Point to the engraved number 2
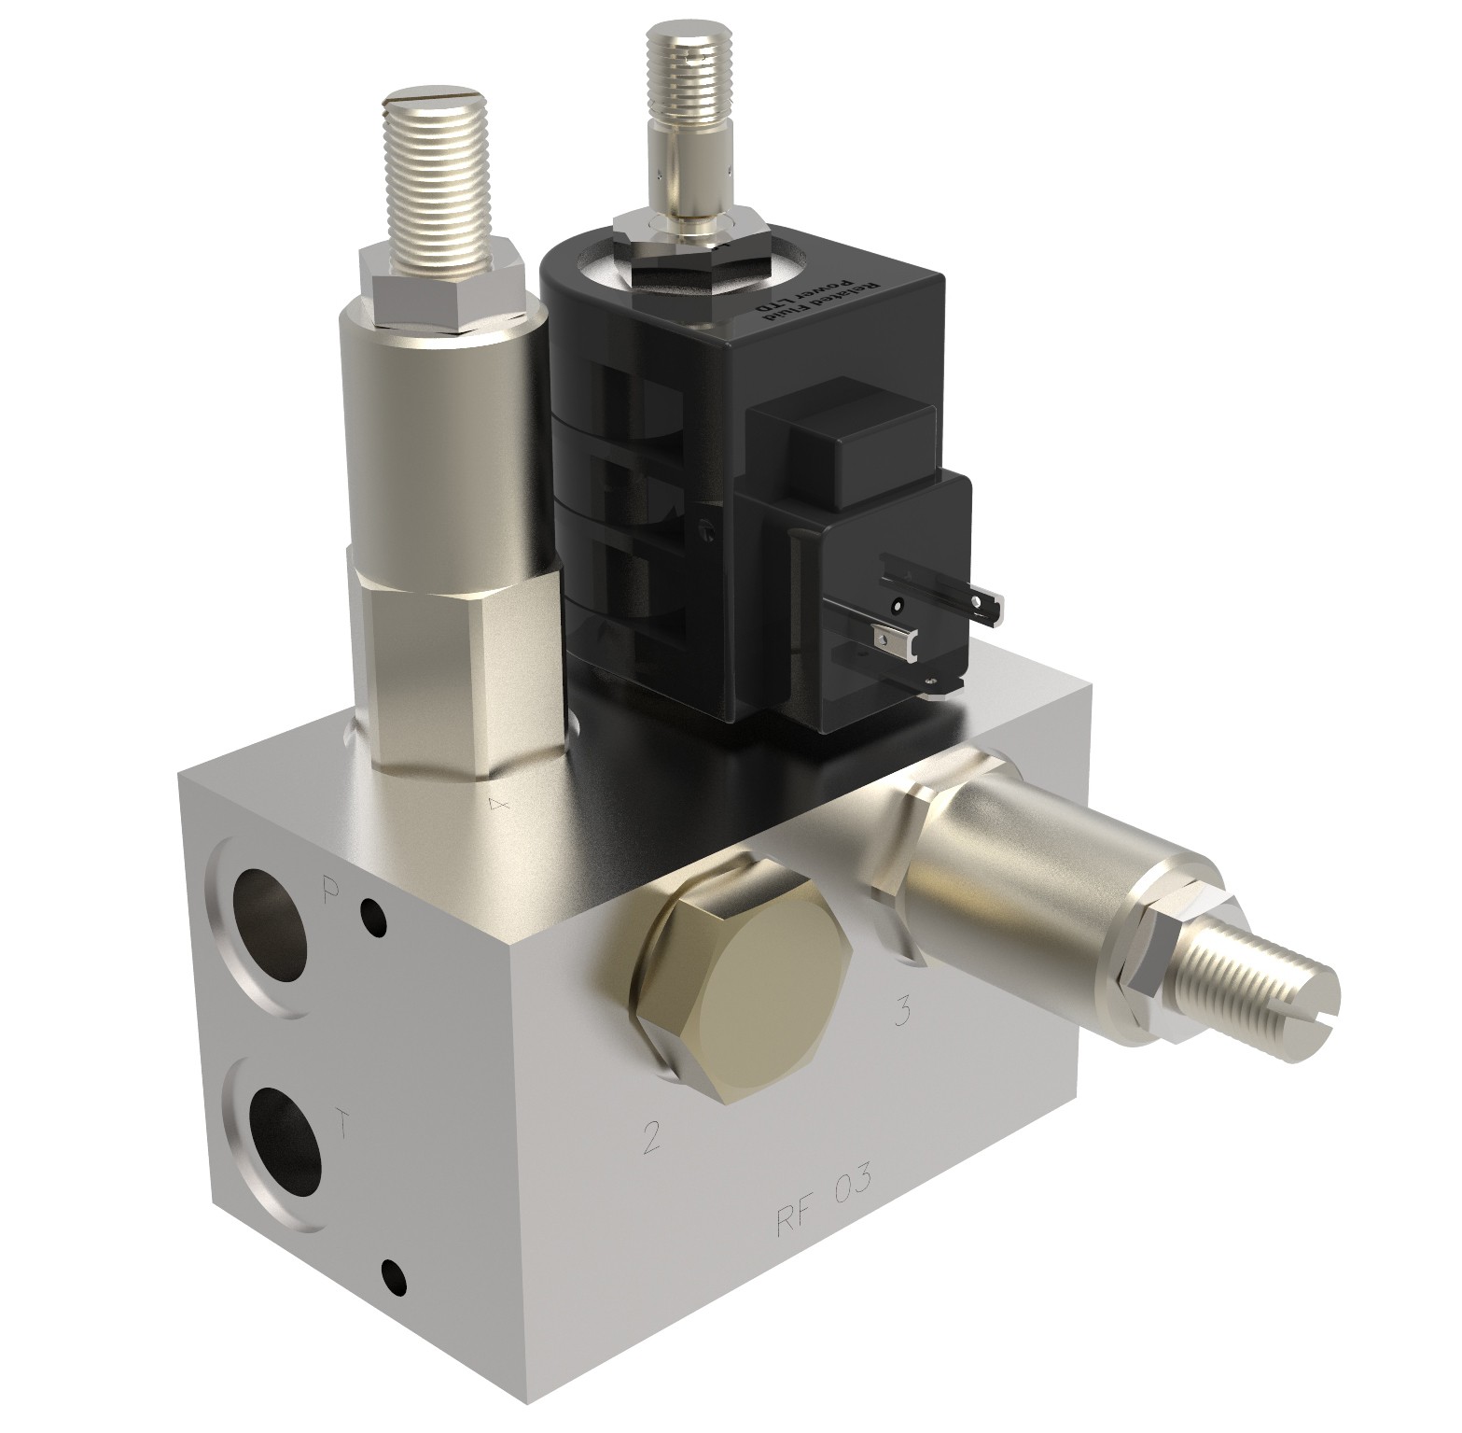651,1137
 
